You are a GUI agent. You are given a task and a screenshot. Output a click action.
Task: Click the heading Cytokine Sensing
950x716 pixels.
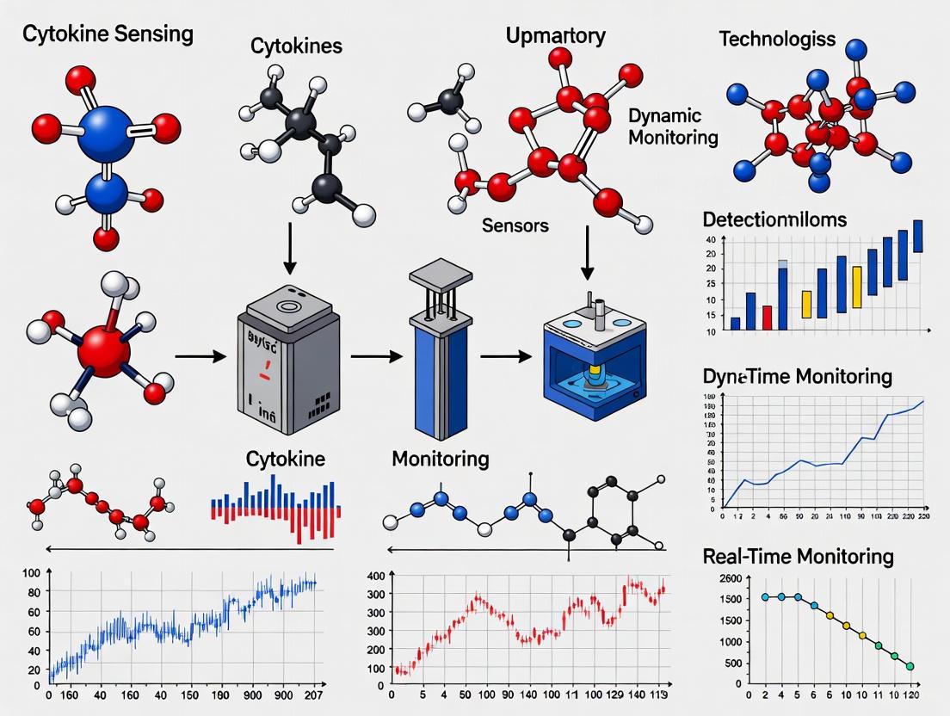(x=107, y=35)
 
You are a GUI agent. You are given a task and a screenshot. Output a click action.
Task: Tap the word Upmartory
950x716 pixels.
(x=555, y=36)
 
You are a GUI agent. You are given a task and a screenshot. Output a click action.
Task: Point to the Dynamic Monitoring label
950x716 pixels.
(x=673, y=127)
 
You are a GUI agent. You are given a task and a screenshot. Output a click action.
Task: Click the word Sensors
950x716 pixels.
(x=515, y=226)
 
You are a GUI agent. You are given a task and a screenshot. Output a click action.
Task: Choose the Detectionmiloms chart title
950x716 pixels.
(x=774, y=219)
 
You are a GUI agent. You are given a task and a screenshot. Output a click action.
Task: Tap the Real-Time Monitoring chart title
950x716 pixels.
(x=798, y=557)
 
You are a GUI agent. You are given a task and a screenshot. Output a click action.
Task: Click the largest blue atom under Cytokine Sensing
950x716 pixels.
(x=106, y=133)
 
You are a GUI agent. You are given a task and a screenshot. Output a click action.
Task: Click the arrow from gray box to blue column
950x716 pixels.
(x=376, y=355)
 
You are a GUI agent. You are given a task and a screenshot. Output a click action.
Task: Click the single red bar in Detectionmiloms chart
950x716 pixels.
(x=767, y=318)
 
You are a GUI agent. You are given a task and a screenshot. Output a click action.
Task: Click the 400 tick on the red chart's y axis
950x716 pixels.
(x=374, y=576)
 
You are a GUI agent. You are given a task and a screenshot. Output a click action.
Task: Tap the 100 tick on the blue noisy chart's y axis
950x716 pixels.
(x=32, y=573)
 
